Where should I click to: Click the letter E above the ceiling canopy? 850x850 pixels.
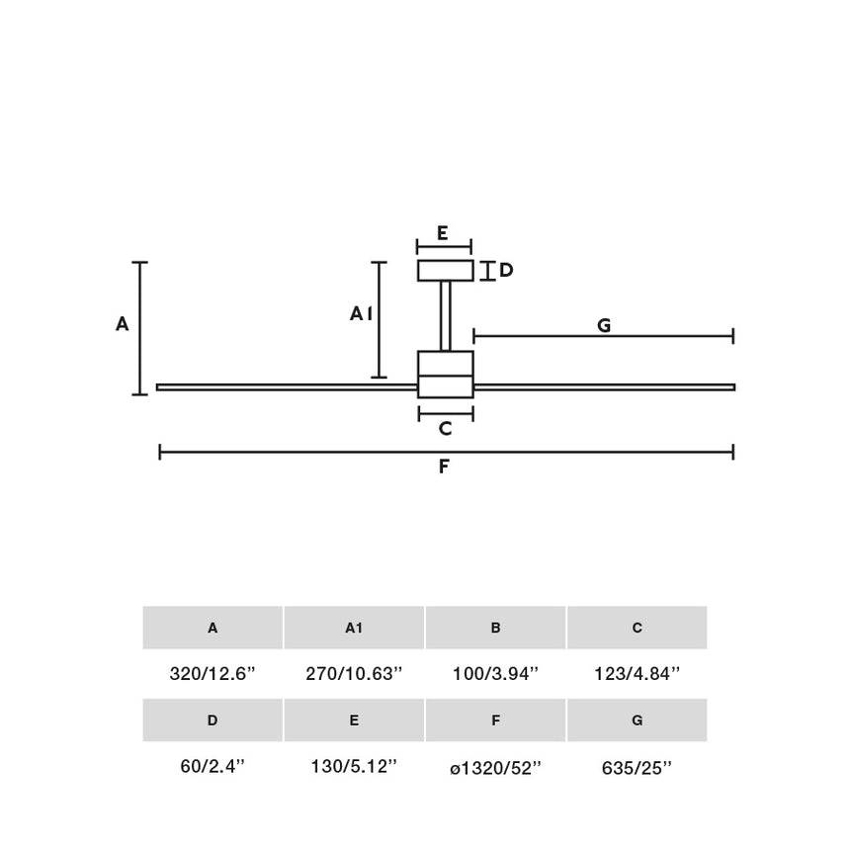pyautogui.click(x=443, y=233)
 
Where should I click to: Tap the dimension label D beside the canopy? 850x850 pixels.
pyautogui.click(x=506, y=270)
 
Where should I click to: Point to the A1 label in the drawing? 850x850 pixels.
pyautogui.click(x=361, y=313)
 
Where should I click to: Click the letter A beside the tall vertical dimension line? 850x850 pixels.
pyautogui.click(x=123, y=323)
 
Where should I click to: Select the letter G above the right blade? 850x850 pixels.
pyautogui.click(x=604, y=325)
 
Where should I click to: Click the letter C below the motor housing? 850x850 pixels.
pyautogui.click(x=445, y=429)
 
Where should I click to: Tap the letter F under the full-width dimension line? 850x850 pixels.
pyautogui.click(x=444, y=467)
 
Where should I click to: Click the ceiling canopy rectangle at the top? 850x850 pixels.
pyautogui.click(x=446, y=271)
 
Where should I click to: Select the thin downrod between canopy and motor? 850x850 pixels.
pyautogui.click(x=446, y=316)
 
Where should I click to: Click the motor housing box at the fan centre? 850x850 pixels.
pyautogui.click(x=446, y=375)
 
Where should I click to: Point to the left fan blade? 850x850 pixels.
pyautogui.click(x=287, y=387)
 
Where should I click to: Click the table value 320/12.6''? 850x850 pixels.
pyautogui.click(x=212, y=674)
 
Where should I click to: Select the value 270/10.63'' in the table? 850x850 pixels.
pyautogui.click(x=354, y=674)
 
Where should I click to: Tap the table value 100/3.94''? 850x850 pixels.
pyautogui.click(x=495, y=674)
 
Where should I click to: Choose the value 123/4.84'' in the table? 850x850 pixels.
pyautogui.click(x=637, y=674)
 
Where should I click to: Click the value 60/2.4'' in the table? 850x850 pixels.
pyautogui.click(x=212, y=767)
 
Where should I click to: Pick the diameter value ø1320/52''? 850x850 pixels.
pyautogui.click(x=495, y=768)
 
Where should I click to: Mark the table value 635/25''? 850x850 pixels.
pyautogui.click(x=637, y=768)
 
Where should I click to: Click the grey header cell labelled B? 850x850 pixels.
pyautogui.click(x=495, y=628)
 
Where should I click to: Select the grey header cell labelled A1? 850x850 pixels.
pyautogui.click(x=354, y=628)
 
